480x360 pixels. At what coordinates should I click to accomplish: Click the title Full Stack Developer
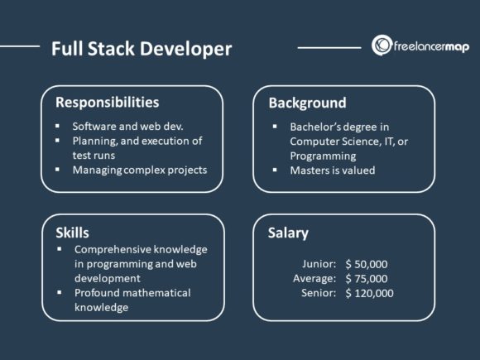141,49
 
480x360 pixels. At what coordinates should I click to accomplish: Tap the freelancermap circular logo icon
382,46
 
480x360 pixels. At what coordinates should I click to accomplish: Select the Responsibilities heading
107,103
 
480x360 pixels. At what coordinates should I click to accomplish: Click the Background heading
307,103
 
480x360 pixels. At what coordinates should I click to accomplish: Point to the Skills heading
72,232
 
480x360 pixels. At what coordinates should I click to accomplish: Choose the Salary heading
289,233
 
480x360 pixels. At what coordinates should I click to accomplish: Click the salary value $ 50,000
368,264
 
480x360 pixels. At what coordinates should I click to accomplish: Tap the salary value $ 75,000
368,278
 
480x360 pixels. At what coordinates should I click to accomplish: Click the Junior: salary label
319,264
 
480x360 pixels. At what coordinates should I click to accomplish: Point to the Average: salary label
314,278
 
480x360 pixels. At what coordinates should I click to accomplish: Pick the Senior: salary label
319,293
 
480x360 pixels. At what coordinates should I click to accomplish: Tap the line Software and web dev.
127,127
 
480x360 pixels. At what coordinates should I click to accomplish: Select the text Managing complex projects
139,170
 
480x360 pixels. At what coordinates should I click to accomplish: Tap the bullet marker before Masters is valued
274,170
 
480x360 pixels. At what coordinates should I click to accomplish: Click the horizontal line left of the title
20,46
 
